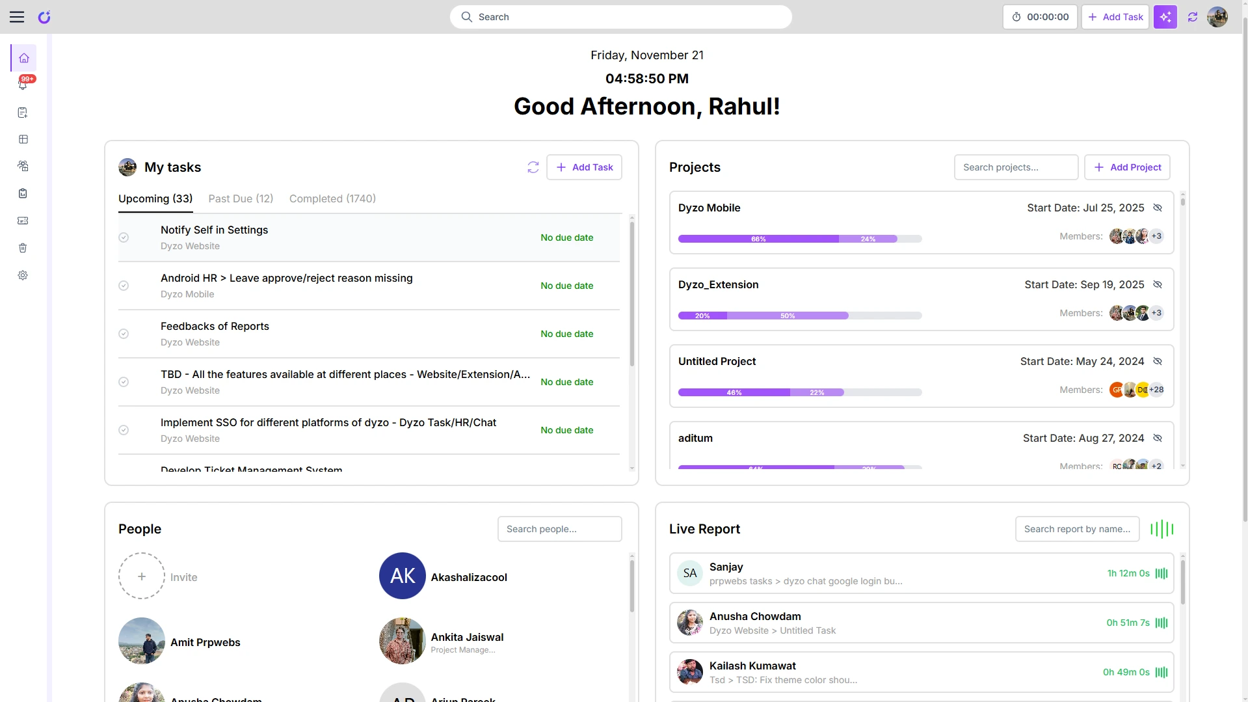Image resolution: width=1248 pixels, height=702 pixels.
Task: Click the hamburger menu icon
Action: (x=17, y=17)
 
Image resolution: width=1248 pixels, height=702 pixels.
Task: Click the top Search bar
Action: (x=620, y=17)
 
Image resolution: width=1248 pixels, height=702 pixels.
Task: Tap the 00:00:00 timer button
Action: (x=1040, y=17)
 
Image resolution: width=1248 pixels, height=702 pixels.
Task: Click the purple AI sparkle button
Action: (x=1165, y=17)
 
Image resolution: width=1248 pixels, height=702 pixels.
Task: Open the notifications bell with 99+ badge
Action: (x=23, y=85)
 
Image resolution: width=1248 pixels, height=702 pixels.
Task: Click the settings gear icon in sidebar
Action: (x=23, y=275)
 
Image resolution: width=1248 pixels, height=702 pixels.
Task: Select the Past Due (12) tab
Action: (x=241, y=198)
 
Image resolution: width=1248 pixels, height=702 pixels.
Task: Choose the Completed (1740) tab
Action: (x=332, y=198)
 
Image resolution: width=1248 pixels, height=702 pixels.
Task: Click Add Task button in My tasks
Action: (x=584, y=167)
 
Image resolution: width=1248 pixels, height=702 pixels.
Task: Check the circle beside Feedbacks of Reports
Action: (x=124, y=334)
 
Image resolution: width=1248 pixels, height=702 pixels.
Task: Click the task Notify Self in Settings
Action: (x=214, y=230)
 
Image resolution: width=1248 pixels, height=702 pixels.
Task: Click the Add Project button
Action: (x=1127, y=167)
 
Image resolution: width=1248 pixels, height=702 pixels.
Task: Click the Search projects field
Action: (x=1015, y=167)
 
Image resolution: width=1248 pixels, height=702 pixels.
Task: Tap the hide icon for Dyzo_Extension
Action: (x=1158, y=284)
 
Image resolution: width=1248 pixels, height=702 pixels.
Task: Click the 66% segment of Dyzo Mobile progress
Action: (x=758, y=239)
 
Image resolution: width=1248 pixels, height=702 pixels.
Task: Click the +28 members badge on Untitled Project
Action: (x=1156, y=390)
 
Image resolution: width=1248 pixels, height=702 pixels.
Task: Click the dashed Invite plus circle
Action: (x=142, y=576)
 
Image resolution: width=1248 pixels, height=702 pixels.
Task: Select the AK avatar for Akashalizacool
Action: (x=403, y=576)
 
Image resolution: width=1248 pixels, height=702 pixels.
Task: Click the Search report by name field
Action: (x=1077, y=529)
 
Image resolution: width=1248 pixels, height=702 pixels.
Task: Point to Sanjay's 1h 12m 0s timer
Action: (x=1128, y=573)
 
